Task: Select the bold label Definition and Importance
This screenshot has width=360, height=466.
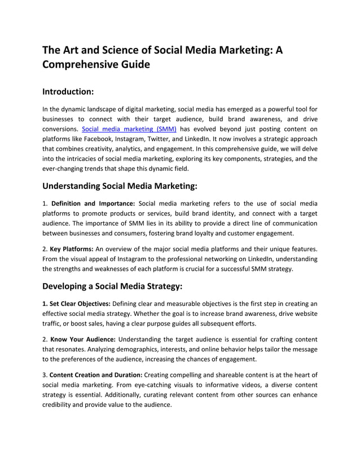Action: click(x=93, y=203)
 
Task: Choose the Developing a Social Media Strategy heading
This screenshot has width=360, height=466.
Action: click(x=112, y=286)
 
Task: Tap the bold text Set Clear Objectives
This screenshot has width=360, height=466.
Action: click(x=77, y=304)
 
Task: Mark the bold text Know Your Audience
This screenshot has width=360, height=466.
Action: click(x=83, y=339)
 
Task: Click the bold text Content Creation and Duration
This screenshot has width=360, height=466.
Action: click(x=96, y=375)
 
